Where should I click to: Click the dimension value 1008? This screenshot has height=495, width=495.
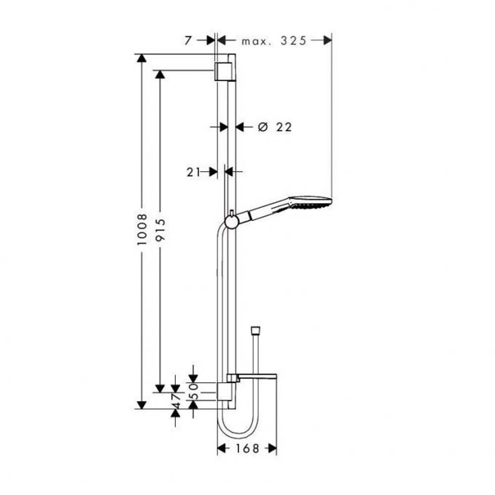click(142, 231)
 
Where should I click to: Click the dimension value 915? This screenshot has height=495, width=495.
click(159, 231)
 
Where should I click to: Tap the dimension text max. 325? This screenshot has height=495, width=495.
click(274, 41)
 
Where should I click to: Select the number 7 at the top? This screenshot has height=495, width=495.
click(188, 41)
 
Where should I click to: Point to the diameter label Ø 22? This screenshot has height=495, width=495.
click(275, 127)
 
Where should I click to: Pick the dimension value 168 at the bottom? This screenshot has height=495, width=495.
click(247, 448)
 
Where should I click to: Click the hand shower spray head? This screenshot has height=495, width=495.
click(311, 202)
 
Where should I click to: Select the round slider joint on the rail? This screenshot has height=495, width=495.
click(231, 221)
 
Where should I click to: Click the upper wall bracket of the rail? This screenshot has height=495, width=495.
click(224, 71)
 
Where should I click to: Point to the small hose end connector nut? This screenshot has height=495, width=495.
click(256, 329)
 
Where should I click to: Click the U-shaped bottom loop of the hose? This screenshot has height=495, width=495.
click(238, 431)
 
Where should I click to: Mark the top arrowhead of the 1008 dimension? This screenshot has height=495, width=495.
click(142, 58)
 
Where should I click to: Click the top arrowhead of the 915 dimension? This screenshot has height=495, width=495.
click(159, 75)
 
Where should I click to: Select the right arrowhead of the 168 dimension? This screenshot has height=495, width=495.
click(272, 448)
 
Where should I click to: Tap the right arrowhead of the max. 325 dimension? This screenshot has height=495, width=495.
click(327, 41)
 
